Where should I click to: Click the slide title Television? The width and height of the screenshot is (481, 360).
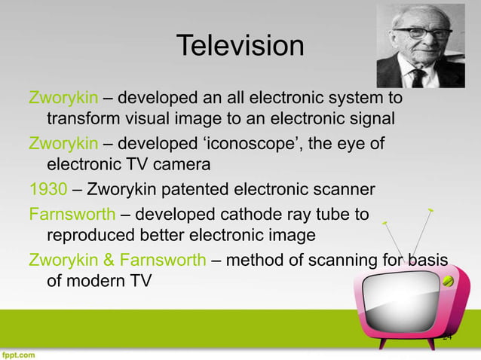pyautogui.click(x=240, y=47)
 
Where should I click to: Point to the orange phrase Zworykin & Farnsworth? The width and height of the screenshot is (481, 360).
pyautogui.click(x=116, y=261)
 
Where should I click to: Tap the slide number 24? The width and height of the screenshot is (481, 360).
pyautogui.click(x=447, y=337)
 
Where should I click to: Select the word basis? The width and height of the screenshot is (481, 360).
pyautogui.click(x=426, y=261)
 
